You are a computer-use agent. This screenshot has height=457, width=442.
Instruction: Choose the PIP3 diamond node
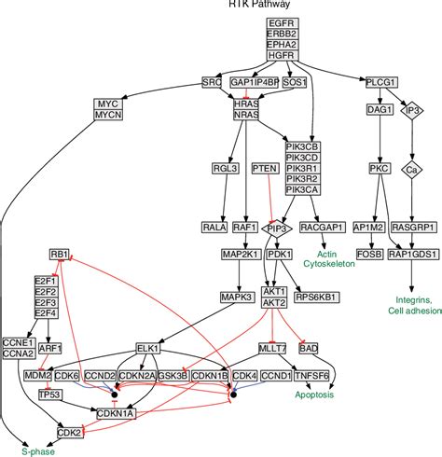(277, 228)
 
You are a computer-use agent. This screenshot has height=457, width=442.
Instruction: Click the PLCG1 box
(379, 82)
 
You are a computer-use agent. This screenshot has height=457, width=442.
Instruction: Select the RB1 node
(61, 255)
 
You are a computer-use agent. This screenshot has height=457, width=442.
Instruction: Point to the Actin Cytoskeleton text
(326, 258)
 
